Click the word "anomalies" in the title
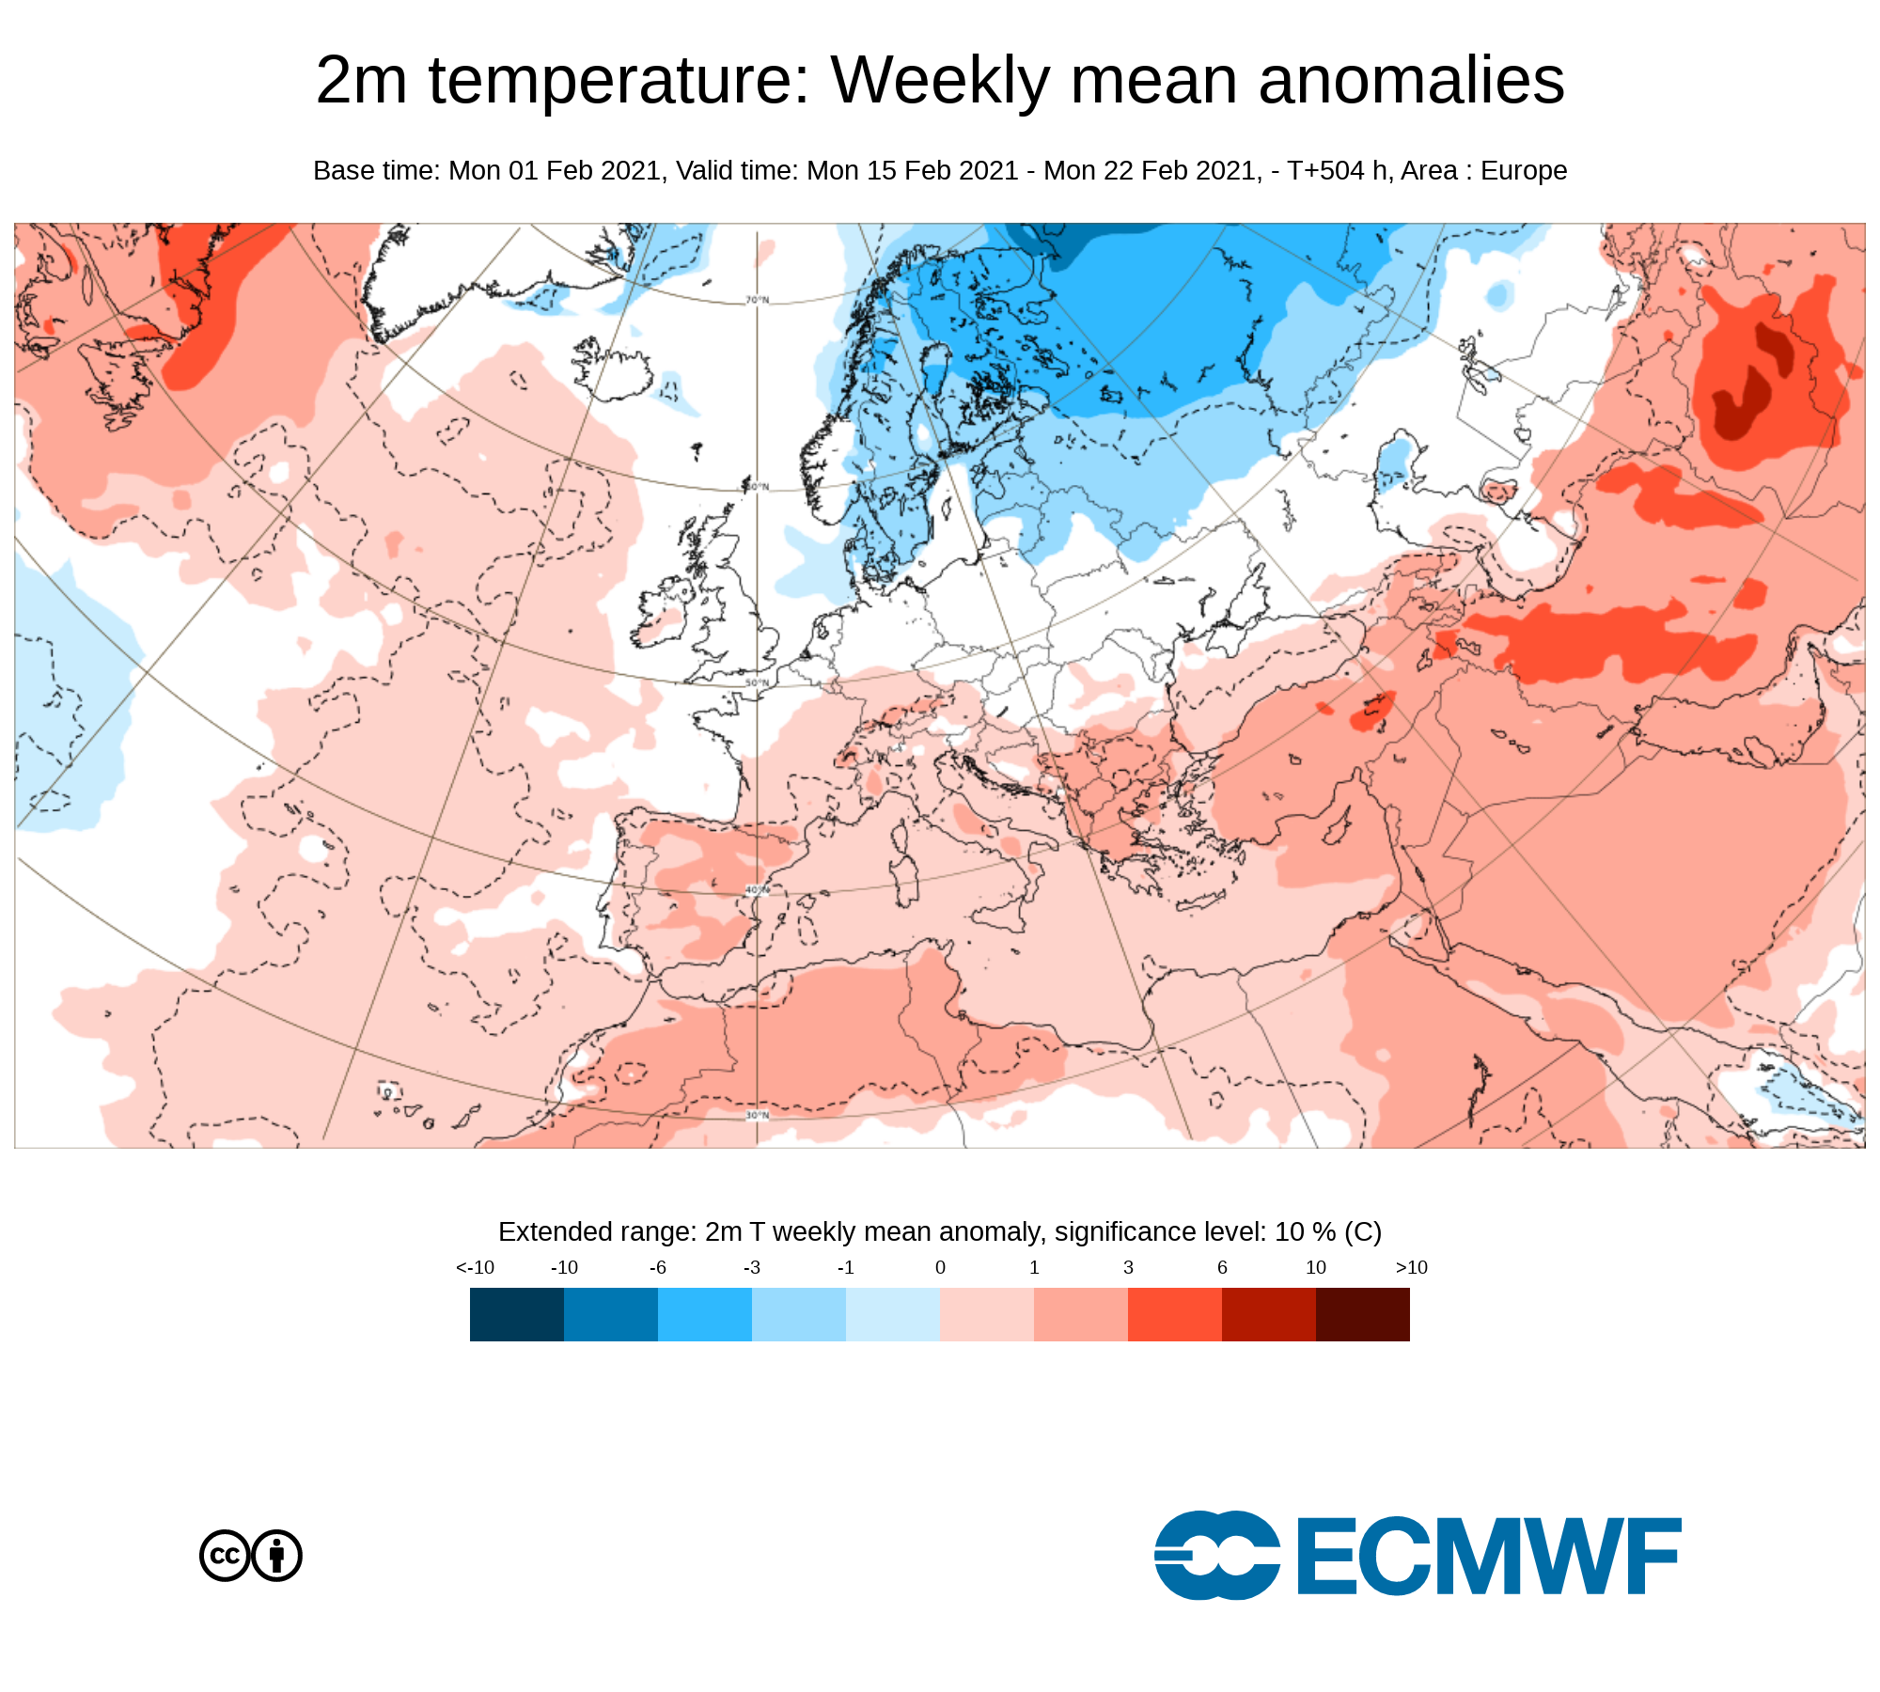1411,80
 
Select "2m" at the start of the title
362,80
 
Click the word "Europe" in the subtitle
1524,171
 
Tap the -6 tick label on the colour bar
658,1267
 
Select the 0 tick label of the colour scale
940,1267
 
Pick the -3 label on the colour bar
752,1267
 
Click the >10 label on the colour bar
1411,1267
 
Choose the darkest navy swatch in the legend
517,1314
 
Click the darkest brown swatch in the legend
1363,1314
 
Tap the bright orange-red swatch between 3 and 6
1175,1314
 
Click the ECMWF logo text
1489,1556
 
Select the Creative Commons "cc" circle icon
226,1556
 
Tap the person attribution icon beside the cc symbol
276,1556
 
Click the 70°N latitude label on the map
758,300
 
